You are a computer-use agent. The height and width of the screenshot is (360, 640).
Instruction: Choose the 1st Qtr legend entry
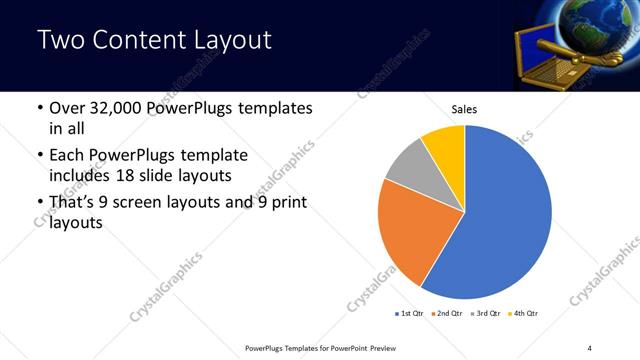(x=410, y=314)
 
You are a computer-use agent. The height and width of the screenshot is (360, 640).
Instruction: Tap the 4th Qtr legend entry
(x=525, y=314)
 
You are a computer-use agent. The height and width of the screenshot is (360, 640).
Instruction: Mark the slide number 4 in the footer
(x=590, y=347)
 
